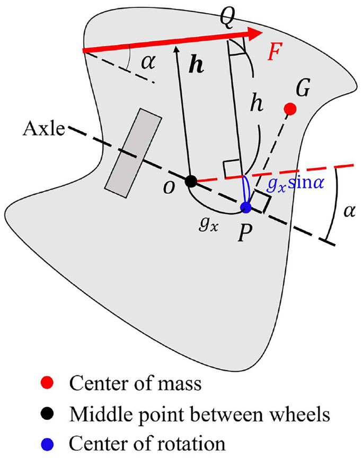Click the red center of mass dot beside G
[x=290, y=109]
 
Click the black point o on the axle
[x=191, y=181]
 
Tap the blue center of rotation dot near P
[x=245, y=206]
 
